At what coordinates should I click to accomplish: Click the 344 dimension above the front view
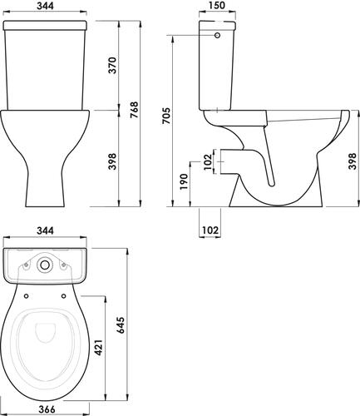coord(46,6)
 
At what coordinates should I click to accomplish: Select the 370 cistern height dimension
coord(112,65)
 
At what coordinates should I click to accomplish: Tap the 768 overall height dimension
coord(134,110)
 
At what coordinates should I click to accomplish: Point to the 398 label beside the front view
coord(112,161)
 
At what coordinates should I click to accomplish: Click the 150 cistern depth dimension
coord(217,6)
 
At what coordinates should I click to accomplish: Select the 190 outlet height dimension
coord(184,182)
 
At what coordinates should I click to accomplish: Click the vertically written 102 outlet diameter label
coord(208,161)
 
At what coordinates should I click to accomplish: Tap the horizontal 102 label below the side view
coord(210,230)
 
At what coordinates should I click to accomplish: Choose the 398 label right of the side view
coord(353,161)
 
